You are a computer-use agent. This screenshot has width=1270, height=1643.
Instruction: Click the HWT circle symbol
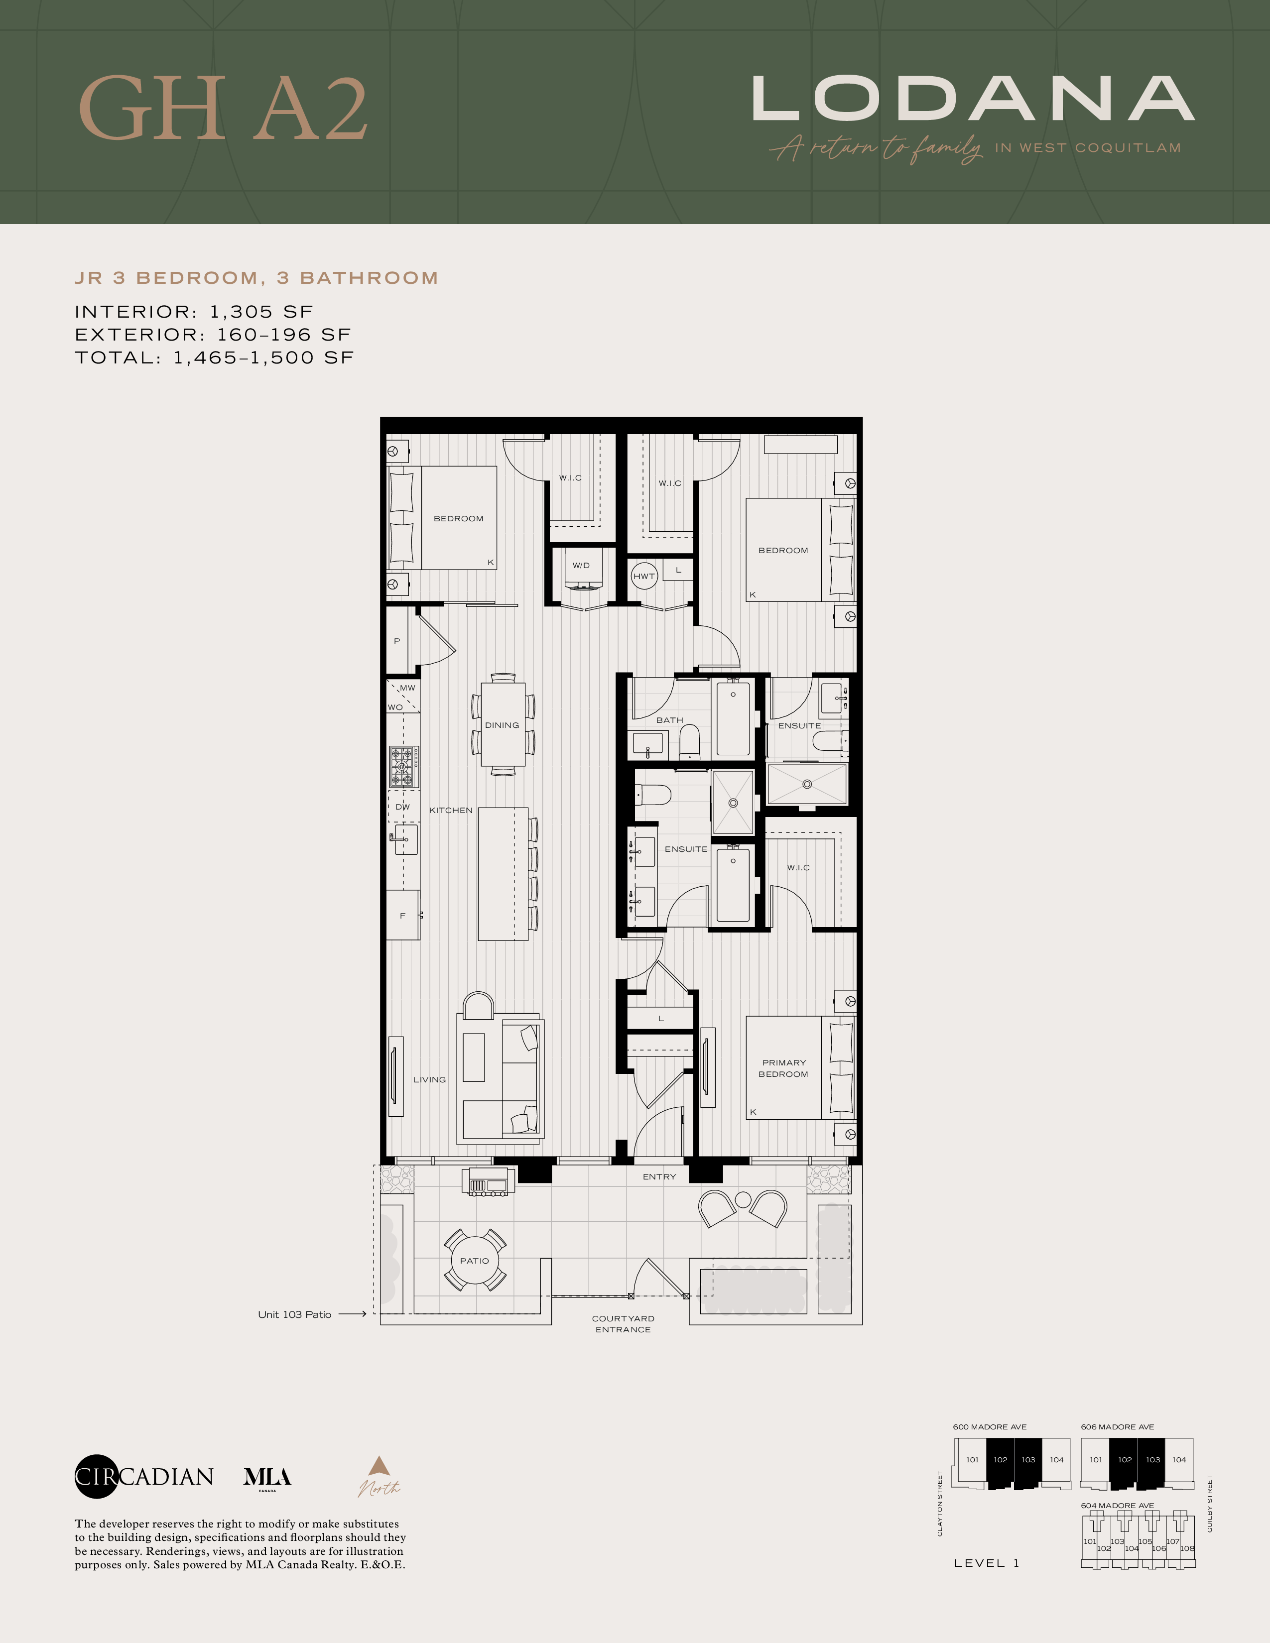tap(644, 576)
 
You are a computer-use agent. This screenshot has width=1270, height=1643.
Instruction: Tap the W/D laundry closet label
tap(581, 566)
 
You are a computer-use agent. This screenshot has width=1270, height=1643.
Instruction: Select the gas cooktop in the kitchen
tap(404, 767)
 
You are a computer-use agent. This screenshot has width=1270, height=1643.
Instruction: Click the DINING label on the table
tap(502, 725)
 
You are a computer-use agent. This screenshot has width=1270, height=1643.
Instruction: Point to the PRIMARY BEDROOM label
tap(783, 1068)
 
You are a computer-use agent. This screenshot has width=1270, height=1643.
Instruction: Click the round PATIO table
tap(475, 1260)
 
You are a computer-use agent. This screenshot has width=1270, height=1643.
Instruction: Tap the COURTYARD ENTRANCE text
tap(623, 1324)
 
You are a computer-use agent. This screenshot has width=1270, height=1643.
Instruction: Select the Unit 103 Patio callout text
tap(294, 1314)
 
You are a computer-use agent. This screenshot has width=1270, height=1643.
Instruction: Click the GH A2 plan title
tap(224, 109)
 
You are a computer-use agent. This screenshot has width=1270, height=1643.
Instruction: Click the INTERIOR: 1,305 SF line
tap(193, 312)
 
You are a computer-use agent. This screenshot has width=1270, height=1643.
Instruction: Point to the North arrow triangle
tap(379, 1465)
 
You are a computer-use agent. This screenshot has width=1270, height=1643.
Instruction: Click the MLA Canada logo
tap(267, 1478)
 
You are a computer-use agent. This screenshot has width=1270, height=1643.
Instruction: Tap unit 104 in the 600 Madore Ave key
tap(1056, 1459)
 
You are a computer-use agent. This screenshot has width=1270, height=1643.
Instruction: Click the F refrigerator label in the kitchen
tap(402, 916)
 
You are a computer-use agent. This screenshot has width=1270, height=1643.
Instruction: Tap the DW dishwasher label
tap(402, 807)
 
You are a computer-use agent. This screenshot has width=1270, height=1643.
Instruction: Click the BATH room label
tap(669, 720)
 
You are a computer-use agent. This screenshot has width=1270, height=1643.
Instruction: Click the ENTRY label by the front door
tap(659, 1176)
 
